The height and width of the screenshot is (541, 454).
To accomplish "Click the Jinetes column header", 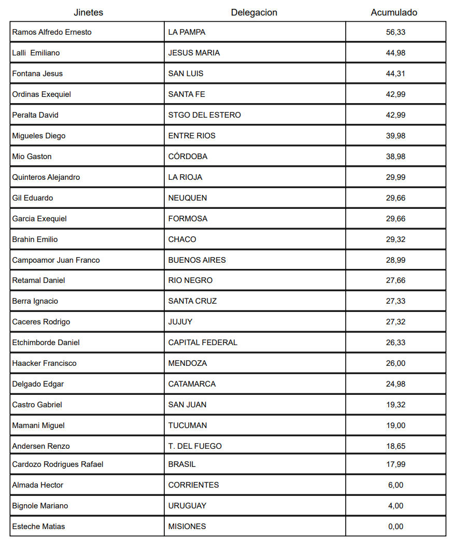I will point(88,12).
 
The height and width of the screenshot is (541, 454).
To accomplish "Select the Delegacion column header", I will point(254,12).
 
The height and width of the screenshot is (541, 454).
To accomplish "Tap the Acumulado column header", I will point(394,12).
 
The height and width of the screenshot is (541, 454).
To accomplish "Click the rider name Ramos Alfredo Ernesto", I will point(52,32).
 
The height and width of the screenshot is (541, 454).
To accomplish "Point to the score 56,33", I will point(395,32).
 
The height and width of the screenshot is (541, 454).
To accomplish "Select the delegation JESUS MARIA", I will point(194,53).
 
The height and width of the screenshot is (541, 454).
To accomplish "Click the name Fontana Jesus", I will point(37,74).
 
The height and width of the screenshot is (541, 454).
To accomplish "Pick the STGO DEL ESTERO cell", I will point(204,115).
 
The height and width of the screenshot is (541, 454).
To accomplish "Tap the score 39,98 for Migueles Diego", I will point(395,136).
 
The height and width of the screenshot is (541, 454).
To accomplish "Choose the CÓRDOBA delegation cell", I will point(188,156).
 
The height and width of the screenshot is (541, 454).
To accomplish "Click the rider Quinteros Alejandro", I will point(46,177).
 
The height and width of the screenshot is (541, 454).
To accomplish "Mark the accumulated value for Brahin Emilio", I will point(395,239).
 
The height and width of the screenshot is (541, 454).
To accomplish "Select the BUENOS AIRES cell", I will point(197,260).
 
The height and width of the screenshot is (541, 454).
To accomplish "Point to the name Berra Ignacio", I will point(35,301).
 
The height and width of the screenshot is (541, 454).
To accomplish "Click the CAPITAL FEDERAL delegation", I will point(203,343).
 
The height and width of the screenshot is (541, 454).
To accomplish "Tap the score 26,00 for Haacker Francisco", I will point(395,363).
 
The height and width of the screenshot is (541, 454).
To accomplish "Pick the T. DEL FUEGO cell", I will point(195,446).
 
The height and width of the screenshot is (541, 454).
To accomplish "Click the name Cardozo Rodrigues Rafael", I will point(58,464).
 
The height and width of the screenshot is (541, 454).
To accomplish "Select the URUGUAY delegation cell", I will point(187,506).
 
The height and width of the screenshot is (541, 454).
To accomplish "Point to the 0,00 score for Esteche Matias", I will point(395,526).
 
